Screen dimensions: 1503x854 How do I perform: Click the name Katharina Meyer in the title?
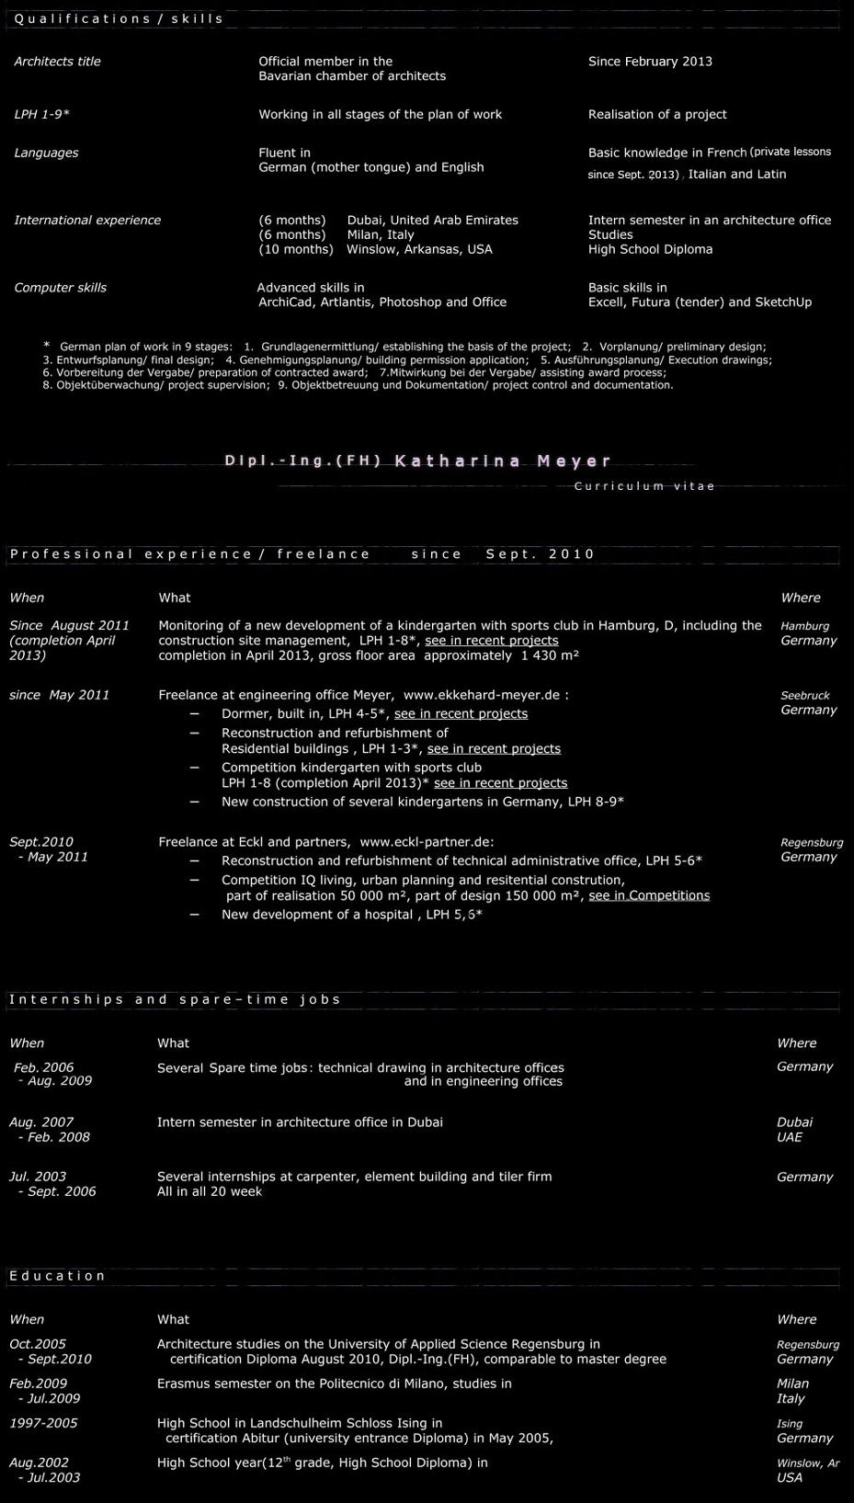(x=503, y=461)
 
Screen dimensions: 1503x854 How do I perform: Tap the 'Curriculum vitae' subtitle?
(x=644, y=486)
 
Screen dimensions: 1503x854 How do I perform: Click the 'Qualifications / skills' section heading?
(x=119, y=18)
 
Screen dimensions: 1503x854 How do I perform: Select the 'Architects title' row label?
(x=57, y=62)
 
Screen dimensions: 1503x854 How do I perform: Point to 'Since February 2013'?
(x=650, y=62)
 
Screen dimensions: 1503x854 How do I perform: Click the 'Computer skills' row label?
(x=60, y=288)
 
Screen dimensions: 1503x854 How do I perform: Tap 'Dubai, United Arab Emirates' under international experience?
(x=432, y=221)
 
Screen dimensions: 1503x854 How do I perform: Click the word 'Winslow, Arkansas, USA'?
(x=419, y=249)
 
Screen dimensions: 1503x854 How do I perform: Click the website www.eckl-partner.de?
(x=426, y=842)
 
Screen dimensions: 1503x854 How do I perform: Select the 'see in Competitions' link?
(x=649, y=895)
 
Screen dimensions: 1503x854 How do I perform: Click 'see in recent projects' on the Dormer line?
(x=461, y=713)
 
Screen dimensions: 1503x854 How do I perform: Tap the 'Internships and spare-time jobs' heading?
(x=175, y=999)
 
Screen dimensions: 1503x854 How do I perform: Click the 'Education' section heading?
(x=57, y=1276)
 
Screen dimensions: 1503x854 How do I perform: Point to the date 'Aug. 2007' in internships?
(x=41, y=1122)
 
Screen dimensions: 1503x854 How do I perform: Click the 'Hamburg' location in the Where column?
(x=804, y=626)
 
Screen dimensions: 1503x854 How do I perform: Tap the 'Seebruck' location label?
(x=804, y=696)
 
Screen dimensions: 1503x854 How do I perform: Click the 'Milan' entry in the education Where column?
(x=792, y=1383)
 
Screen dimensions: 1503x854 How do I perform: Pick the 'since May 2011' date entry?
(x=59, y=695)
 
